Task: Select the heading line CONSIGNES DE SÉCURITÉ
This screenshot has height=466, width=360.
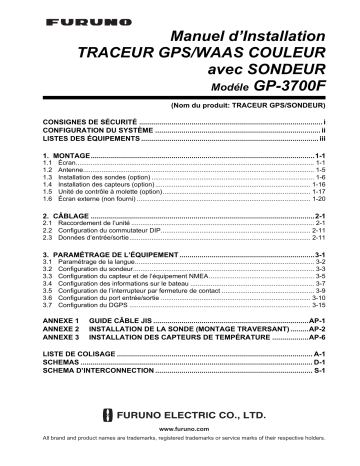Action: click(81, 122)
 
